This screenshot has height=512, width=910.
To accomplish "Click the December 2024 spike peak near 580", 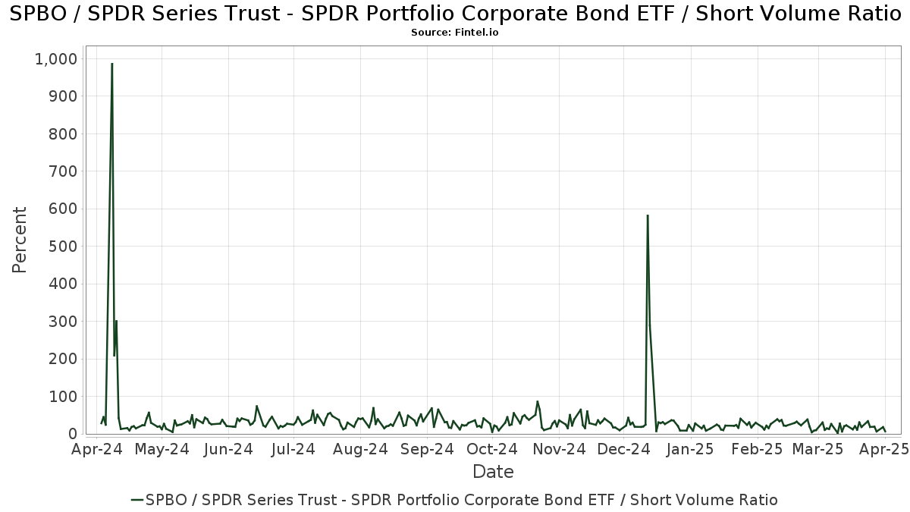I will (648, 216).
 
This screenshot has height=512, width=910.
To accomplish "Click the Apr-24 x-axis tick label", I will (96, 449).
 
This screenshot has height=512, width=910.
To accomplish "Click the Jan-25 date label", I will (689, 449).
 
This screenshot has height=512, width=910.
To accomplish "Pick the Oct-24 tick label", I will (493, 449).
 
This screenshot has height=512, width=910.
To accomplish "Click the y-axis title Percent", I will (20, 240).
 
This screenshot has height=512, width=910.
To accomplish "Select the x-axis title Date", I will (493, 472).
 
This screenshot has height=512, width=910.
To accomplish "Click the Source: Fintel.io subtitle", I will (455, 33).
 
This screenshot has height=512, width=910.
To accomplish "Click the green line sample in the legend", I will (137, 500).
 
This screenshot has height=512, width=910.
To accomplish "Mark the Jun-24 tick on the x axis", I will (228, 449).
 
